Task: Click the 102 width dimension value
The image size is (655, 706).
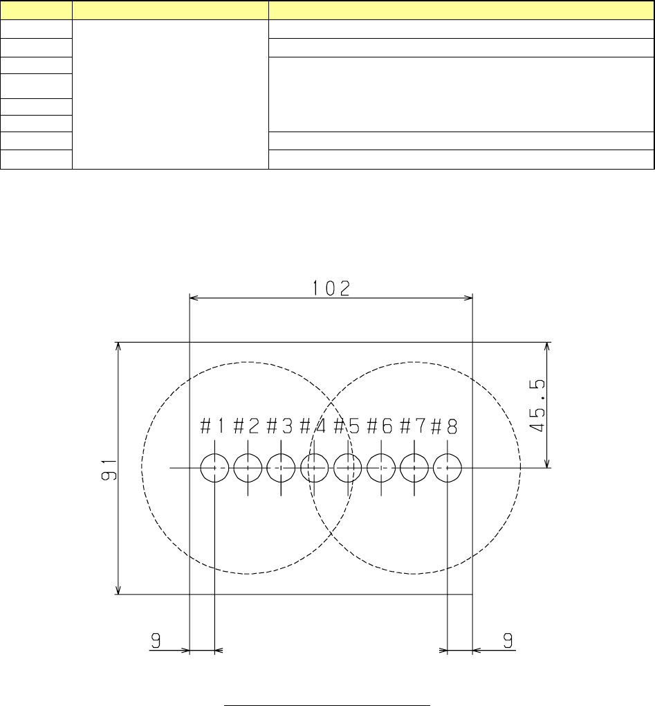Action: point(331,289)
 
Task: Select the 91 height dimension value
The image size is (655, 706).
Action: point(109,470)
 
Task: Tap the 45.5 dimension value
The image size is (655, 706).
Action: point(537,406)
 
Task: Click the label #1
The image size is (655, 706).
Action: point(212,426)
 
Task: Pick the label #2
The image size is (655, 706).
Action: point(246,426)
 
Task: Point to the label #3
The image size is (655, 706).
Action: point(280,426)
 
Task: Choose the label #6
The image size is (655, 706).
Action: point(380,426)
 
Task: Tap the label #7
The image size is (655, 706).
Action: point(412,426)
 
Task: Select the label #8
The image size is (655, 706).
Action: point(445,426)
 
